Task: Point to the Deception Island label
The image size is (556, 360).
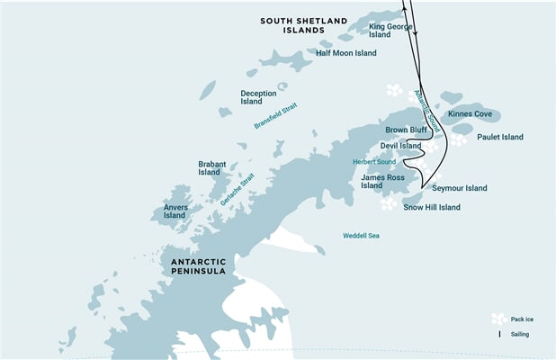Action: coord(257,96)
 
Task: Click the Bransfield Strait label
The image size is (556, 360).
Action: coord(274,115)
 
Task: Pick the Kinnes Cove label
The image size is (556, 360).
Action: coord(469,115)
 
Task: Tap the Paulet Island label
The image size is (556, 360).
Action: coord(500,138)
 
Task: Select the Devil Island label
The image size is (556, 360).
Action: coord(400,146)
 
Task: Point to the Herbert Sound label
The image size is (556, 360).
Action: coord(373,162)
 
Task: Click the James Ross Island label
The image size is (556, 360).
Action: coord(383,182)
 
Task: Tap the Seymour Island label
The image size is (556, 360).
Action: coord(459,188)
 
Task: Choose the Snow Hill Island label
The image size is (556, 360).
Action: coord(432,207)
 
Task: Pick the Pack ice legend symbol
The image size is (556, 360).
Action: coord(498,319)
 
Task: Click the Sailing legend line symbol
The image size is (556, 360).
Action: coord(500,334)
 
